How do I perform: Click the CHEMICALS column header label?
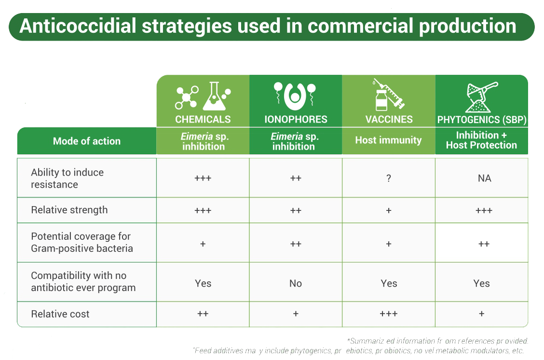pos(203,119)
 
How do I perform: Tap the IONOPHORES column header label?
pos(296,119)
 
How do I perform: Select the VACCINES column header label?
pos(389,119)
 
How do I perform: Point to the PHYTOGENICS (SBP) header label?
pos(482,120)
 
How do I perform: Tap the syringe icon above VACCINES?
pos(389,95)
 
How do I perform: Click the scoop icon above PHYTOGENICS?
pos(482,97)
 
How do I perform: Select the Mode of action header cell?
pos(87,141)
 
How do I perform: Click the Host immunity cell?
pos(389,140)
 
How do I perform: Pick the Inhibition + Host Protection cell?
pos(482,140)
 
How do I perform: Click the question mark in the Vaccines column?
pos(389,179)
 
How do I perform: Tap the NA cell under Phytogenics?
pos(484,179)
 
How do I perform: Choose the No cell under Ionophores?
pos(296,284)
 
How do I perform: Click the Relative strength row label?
pos(69,210)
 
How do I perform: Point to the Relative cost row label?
pos(60,314)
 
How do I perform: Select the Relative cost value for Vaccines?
pos(389,314)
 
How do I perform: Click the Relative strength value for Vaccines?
pos(389,210)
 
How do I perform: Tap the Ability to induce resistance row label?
pos(68,179)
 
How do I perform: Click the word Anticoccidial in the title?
pos(78,26)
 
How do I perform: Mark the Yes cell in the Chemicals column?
pos(203,284)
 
